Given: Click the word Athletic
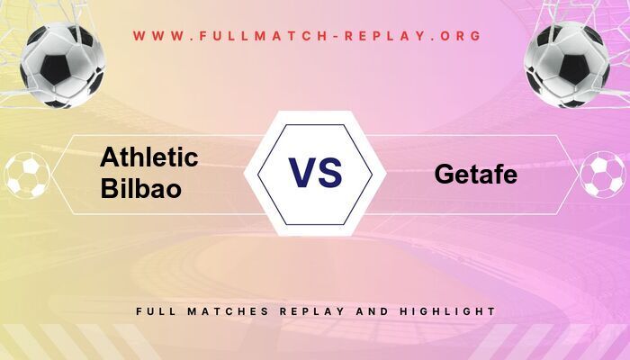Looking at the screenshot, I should (149, 157).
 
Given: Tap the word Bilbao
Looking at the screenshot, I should (140, 189).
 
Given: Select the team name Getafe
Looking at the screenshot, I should (475, 175).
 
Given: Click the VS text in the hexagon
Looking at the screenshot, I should (315, 173).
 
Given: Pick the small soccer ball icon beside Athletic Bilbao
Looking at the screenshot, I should (27, 175).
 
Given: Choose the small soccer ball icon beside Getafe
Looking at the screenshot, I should (602, 175).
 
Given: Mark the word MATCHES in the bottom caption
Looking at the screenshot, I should (229, 311).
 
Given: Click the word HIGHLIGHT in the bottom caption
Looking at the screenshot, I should (451, 311).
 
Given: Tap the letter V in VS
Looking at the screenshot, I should (301, 173).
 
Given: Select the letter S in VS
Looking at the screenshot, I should (330, 173).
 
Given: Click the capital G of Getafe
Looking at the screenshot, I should (444, 175).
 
